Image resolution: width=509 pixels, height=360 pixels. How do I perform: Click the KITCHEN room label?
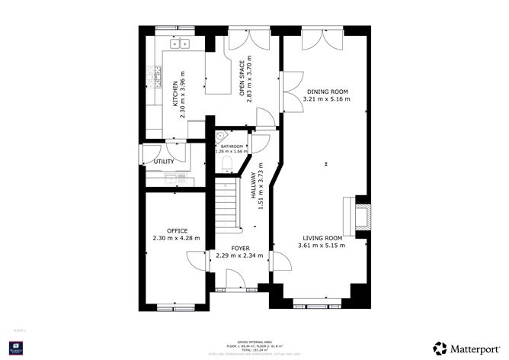pyautogui.click(x=175, y=93)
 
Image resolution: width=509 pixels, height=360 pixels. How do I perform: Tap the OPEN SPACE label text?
pyautogui.click(x=242, y=79)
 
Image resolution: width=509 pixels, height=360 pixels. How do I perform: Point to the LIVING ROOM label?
pyautogui.click(x=321, y=237)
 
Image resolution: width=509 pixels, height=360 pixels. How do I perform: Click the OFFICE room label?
pyautogui.click(x=177, y=230)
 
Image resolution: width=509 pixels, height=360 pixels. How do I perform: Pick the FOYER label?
pyautogui.click(x=240, y=248)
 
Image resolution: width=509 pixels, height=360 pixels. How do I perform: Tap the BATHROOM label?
pyautogui.click(x=232, y=146)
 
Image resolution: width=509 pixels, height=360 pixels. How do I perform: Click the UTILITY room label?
pyautogui.click(x=164, y=162)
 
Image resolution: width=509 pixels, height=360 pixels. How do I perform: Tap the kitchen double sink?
pyautogui.click(x=180, y=45)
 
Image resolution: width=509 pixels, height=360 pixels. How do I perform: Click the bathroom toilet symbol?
pyautogui.click(x=221, y=137)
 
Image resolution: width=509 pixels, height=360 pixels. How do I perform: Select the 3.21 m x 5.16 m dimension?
pyautogui.click(x=326, y=99)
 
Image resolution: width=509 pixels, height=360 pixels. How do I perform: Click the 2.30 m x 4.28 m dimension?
pyautogui.click(x=176, y=238)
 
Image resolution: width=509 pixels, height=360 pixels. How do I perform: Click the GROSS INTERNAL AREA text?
pyautogui.click(x=254, y=341)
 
